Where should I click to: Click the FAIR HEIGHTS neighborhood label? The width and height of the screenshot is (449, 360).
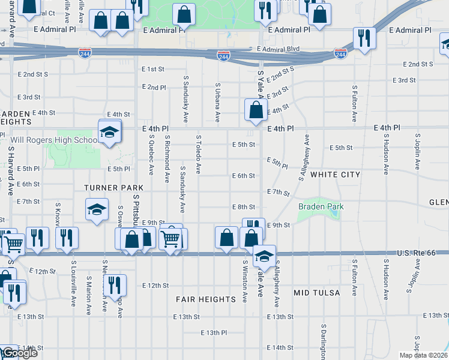click(x=206, y=299)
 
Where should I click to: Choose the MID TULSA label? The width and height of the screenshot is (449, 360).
click(x=316, y=293)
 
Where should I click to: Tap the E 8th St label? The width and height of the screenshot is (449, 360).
click(x=244, y=207)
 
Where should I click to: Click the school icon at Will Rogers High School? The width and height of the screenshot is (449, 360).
click(x=110, y=132)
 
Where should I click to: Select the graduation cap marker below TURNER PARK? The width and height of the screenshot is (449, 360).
click(x=97, y=210)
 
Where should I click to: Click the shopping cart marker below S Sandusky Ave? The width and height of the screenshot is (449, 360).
click(x=170, y=238)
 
